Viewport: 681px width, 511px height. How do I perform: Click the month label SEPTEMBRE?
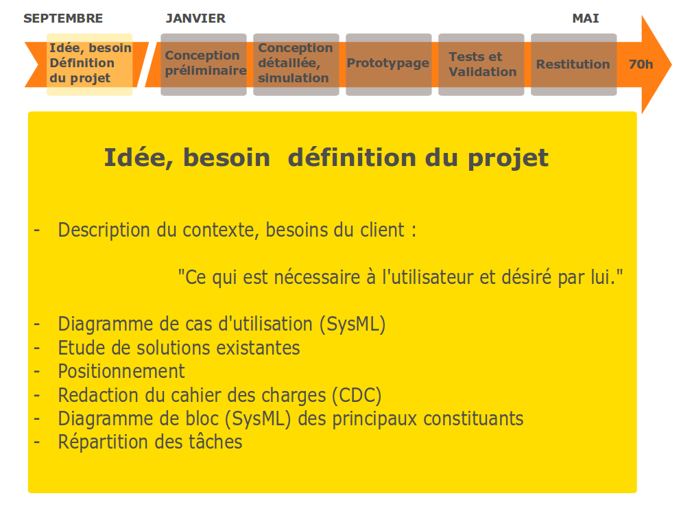[x=63, y=19]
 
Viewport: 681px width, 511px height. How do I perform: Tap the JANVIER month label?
[x=195, y=19]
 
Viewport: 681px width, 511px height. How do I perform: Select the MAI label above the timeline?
[x=586, y=19]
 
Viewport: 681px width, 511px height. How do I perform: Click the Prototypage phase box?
[x=389, y=64]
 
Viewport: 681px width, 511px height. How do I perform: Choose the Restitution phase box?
[x=574, y=64]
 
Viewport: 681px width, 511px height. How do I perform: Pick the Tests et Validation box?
[x=481, y=64]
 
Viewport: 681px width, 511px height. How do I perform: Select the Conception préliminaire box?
[x=204, y=64]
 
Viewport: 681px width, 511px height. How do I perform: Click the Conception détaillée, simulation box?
[x=296, y=64]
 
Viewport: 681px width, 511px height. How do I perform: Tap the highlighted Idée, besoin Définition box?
[x=89, y=64]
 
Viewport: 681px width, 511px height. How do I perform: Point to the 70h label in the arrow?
[x=641, y=64]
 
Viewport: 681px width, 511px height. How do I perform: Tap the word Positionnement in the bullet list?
[x=121, y=372]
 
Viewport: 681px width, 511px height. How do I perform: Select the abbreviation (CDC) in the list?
[x=357, y=395]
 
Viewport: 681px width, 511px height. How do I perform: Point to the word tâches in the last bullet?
[x=215, y=442]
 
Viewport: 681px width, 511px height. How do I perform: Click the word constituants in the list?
[x=473, y=419]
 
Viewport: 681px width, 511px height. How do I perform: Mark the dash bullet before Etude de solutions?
[x=37, y=348]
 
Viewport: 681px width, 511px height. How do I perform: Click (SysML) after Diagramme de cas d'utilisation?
[x=353, y=324]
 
